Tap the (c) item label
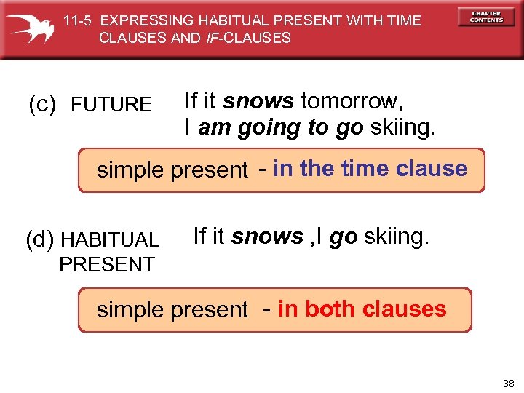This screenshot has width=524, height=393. pyautogui.click(x=41, y=105)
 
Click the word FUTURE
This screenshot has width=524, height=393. pyautogui.click(x=111, y=106)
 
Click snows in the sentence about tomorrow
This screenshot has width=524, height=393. pyautogui.click(x=258, y=100)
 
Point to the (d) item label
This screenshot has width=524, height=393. pyautogui.click(x=41, y=239)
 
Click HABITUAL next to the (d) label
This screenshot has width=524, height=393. pyautogui.click(x=111, y=240)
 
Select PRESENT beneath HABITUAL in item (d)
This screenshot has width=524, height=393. pyautogui.click(x=107, y=264)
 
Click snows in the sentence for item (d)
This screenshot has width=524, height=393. pyautogui.click(x=267, y=237)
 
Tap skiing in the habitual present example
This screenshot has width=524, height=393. pyautogui.click(x=397, y=237)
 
